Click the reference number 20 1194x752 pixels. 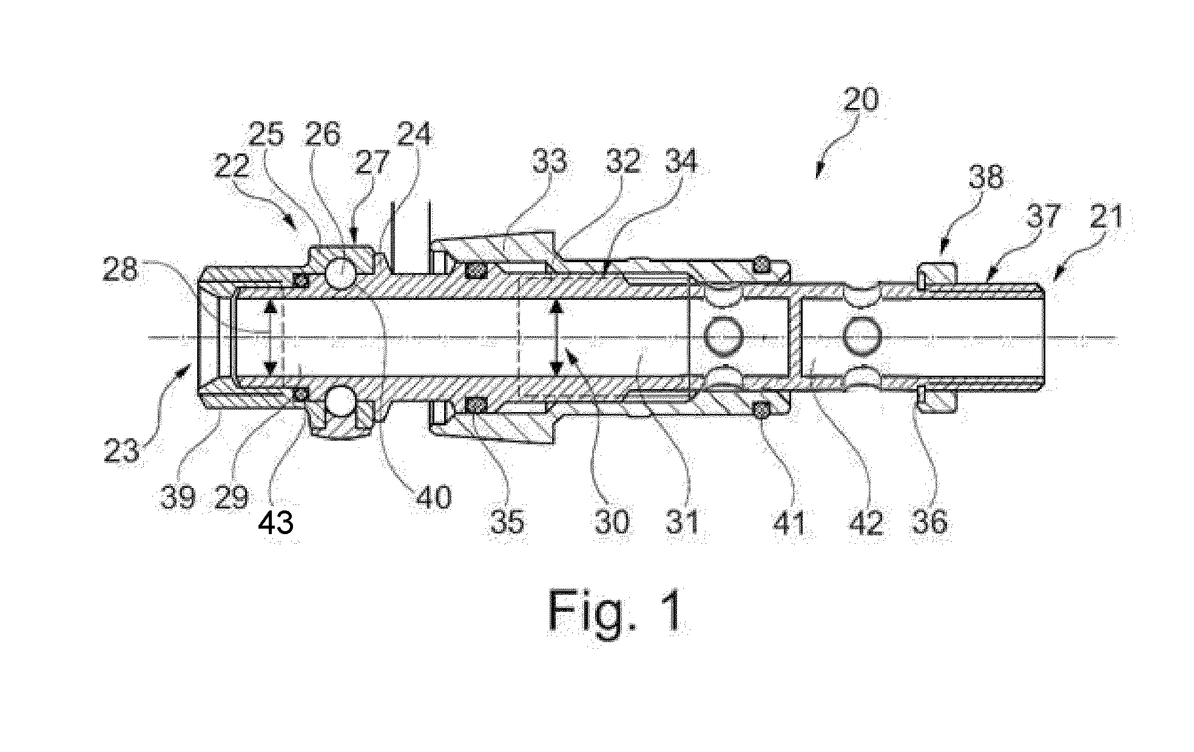(860, 99)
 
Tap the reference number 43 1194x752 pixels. (276, 522)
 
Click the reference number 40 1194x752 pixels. (434, 497)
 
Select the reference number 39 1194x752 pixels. (178, 498)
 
